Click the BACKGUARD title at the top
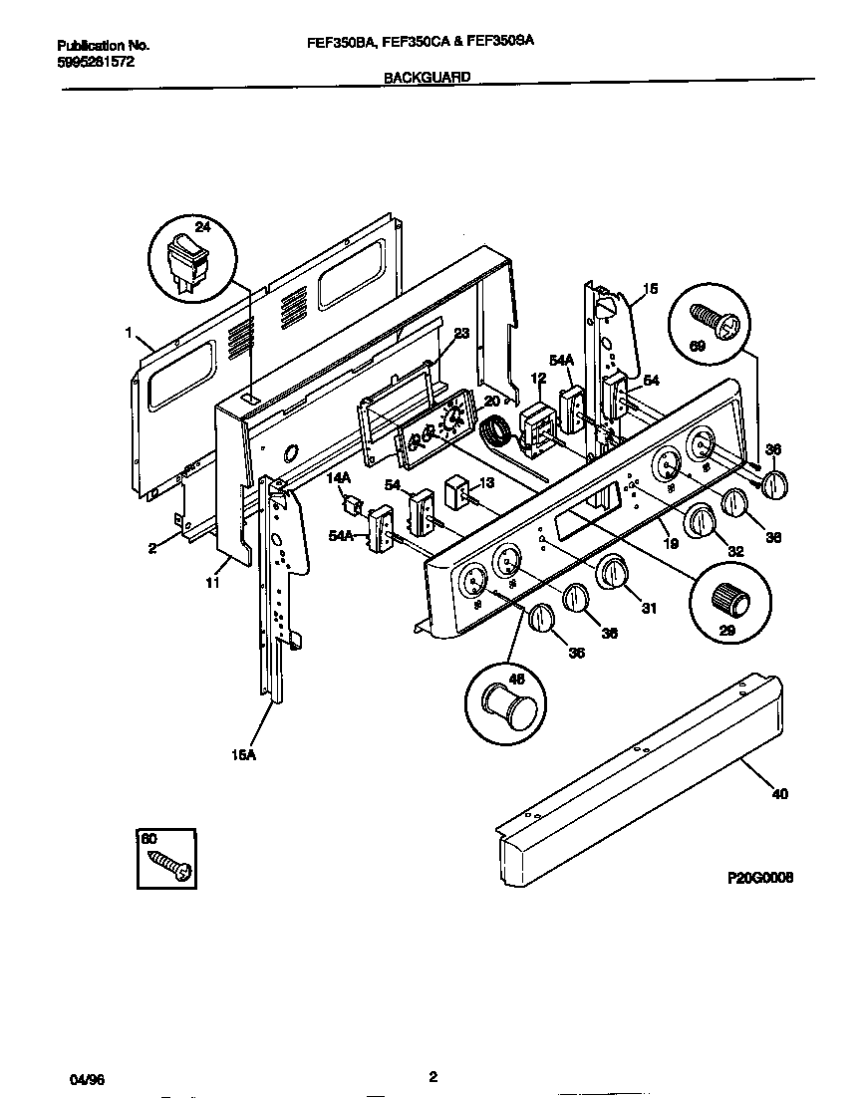(x=427, y=76)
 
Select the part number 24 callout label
(x=202, y=227)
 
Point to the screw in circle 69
(x=714, y=322)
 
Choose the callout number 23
(x=460, y=336)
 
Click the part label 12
(x=538, y=379)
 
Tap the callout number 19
(x=671, y=544)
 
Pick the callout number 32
(x=735, y=551)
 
